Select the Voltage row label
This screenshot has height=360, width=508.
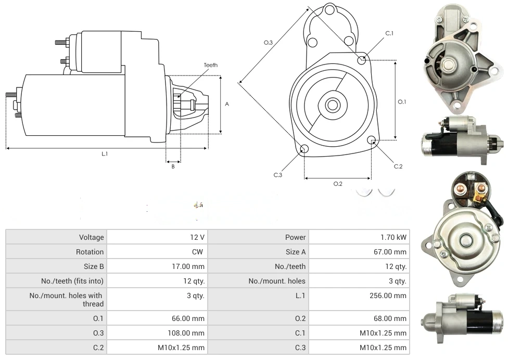91,237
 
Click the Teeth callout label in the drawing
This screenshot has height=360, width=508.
211,65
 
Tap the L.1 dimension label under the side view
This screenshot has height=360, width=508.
105,153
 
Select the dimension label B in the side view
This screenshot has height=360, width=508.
173,166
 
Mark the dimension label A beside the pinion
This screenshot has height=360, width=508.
227,104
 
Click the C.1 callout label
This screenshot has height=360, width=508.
389,33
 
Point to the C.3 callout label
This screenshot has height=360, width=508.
278,175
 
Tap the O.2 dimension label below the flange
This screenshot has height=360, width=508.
338,184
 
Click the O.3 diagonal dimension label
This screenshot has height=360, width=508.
269,43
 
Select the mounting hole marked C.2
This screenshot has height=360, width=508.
372,140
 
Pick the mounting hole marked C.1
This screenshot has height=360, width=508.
362,60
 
